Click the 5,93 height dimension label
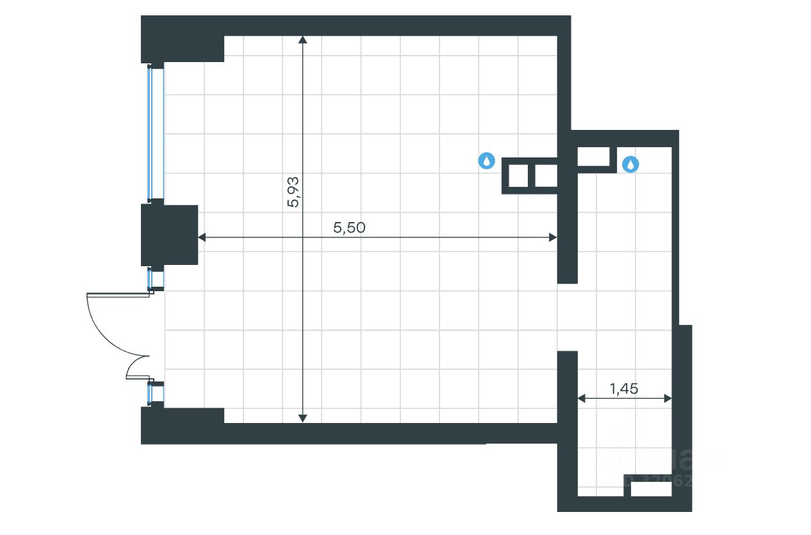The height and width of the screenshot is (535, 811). (x=294, y=191)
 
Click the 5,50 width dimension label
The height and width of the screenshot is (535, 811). (x=349, y=227)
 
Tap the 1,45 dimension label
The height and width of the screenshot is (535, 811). (x=624, y=388)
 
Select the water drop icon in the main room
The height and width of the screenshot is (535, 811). (x=487, y=161)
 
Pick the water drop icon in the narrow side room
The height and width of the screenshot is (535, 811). (x=631, y=164)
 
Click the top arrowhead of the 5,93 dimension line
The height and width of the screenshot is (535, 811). (x=303, y=40)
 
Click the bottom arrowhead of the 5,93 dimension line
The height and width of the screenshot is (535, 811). (x=303, y=419)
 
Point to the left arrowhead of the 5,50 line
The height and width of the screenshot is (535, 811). (x=201, y=237)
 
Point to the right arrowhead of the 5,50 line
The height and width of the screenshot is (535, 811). (x=553, y=237)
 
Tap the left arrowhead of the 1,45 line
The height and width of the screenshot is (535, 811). (x=582, y=398)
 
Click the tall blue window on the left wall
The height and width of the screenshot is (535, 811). (x=156, y=133)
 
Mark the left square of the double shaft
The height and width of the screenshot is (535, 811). (x=518, y=175)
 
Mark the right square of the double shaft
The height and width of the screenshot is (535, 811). (x=546, y=175)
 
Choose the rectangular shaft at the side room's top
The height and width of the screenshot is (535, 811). (x=593, y=156)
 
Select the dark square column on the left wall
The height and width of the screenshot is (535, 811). (x=169, y=235)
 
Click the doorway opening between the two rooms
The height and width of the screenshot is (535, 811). (x=568, y=317)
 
